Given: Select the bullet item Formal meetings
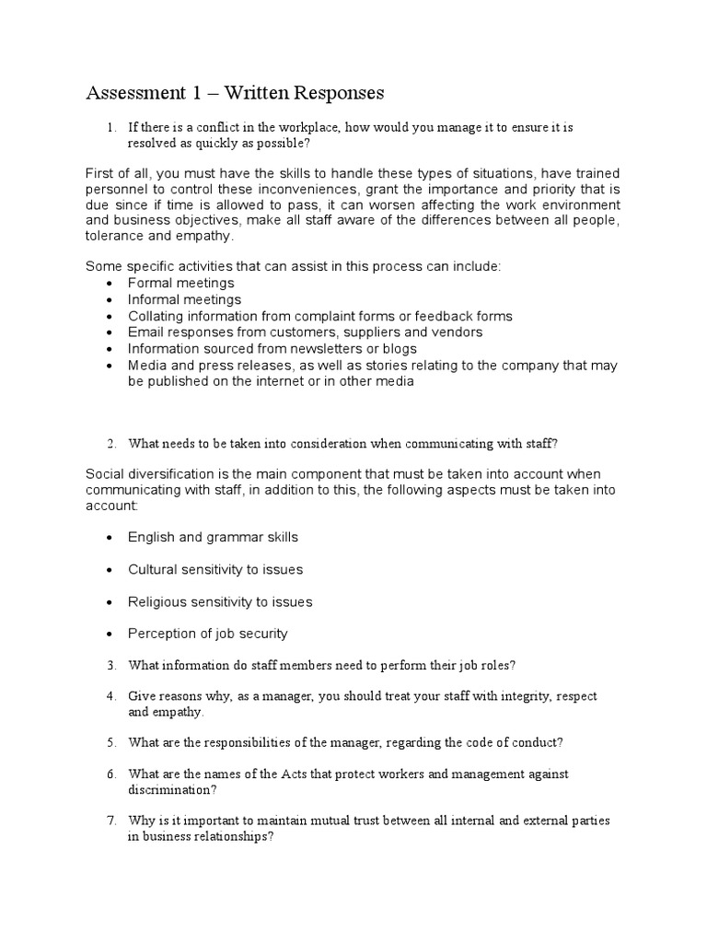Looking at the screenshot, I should click(181, 283).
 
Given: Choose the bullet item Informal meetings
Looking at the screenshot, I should click(184, 299).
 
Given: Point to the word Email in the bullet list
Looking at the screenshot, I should click(145, 332).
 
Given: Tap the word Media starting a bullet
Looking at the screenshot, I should click(147, 365).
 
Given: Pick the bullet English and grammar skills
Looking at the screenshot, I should click(213, 537).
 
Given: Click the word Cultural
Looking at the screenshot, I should click(154, 569).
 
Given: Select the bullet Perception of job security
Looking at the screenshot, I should click(208, 634).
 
